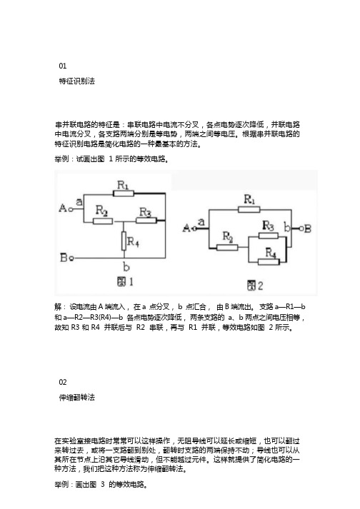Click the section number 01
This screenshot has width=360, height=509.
(x=63, y=66)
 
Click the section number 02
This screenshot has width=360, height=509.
(x=63, y=382)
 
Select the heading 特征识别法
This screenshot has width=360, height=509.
(x=76, y=81)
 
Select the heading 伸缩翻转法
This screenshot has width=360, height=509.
(x=76, y=398)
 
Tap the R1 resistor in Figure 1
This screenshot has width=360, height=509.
(x=124, y=193)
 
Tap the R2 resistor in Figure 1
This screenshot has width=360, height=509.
(x=103, y=221)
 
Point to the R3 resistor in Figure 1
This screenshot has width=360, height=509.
(x=146, y=221)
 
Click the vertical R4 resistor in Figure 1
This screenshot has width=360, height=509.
(x=124, y=241)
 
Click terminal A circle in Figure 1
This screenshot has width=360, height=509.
(x=71, y=208)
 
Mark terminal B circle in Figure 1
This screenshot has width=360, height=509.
(x=71, y=258)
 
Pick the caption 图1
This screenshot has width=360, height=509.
(x=125, y=281)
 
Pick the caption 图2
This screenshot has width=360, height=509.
(x=255, y=286)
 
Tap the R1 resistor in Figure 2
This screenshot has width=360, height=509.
(x=249, y=210)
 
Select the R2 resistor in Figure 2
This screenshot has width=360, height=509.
(x=227, y=248)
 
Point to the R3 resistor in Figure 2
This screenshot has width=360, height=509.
(x=269, y=236)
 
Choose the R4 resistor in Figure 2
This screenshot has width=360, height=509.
(x=269, y=262)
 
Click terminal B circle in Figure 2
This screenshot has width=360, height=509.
(x=301, y=229)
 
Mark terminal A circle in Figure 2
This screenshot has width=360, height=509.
(x=194, y=228)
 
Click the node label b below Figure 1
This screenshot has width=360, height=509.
(x=126, y=267)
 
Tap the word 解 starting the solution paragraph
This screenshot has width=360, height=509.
(x=58, y=307)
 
